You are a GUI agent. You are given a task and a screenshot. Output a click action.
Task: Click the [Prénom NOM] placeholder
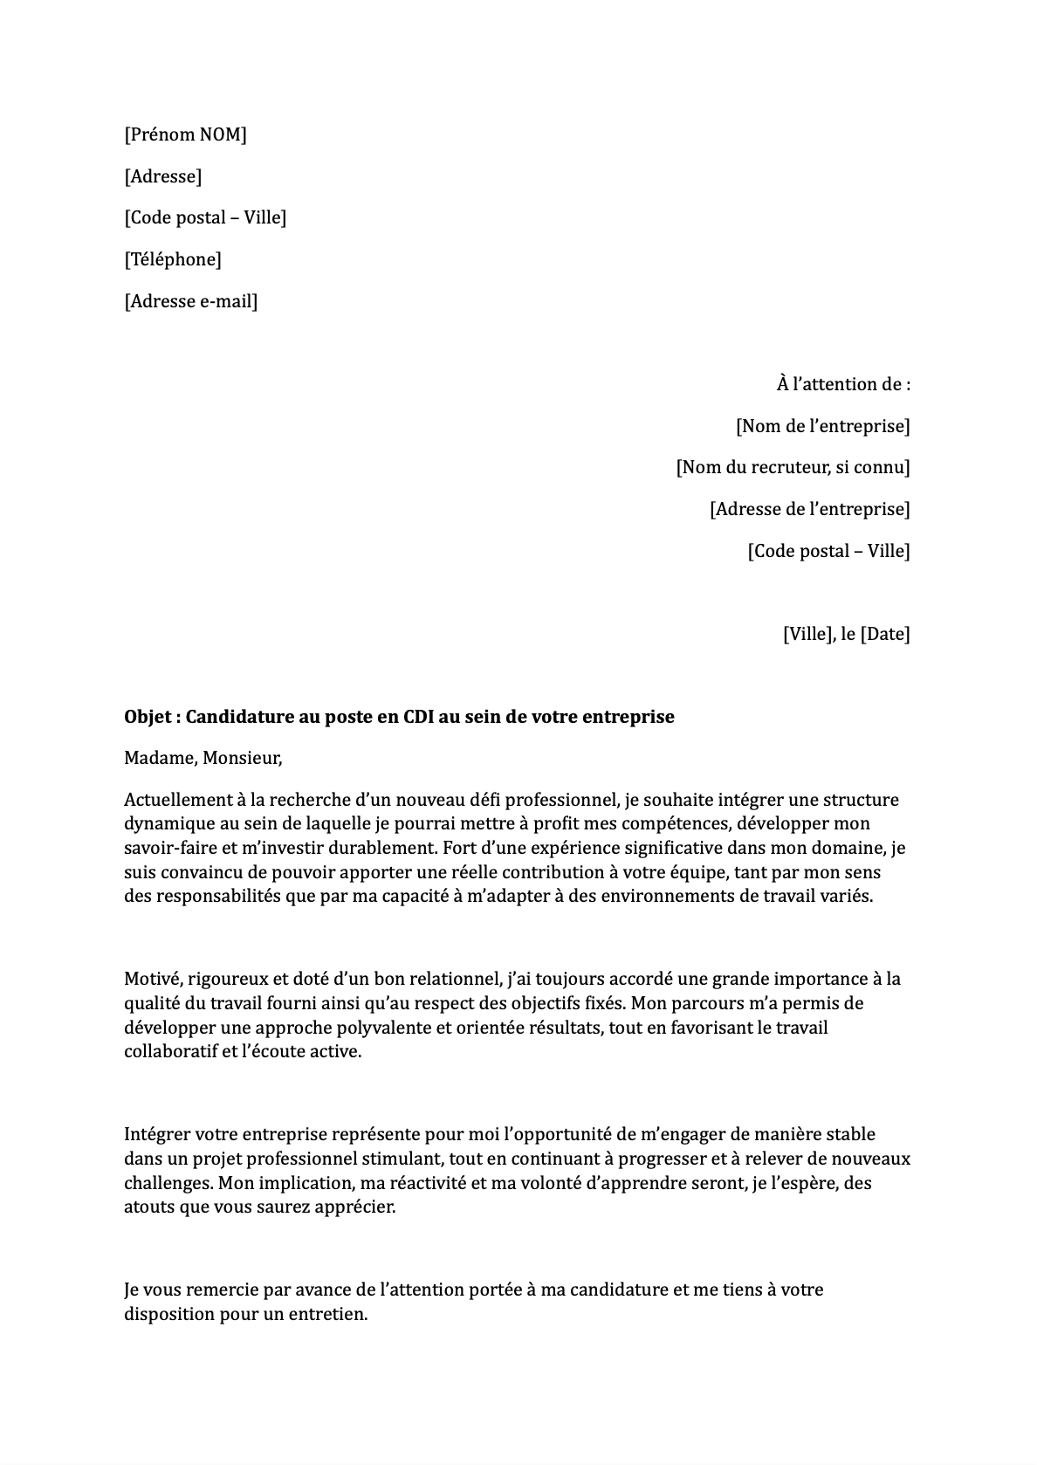coord(185,134)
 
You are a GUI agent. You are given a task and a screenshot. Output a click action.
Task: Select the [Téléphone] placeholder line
coord(173,259)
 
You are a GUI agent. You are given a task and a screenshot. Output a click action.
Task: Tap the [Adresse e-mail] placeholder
coord(190,301)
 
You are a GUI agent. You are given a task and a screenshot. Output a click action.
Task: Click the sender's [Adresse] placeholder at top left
coord(162,176)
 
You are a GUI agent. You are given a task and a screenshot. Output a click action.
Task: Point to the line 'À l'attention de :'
coord(842,384)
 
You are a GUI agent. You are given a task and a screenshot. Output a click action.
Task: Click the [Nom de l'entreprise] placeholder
coord(822,426)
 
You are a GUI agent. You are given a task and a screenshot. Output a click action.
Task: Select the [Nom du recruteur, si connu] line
coord(793,467)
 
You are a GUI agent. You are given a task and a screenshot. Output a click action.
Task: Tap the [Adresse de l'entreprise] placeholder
coord(809,509)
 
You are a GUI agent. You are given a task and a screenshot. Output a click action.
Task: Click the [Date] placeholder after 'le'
coord(885,634)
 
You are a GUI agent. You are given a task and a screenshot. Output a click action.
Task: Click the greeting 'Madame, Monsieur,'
coord(203,758)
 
